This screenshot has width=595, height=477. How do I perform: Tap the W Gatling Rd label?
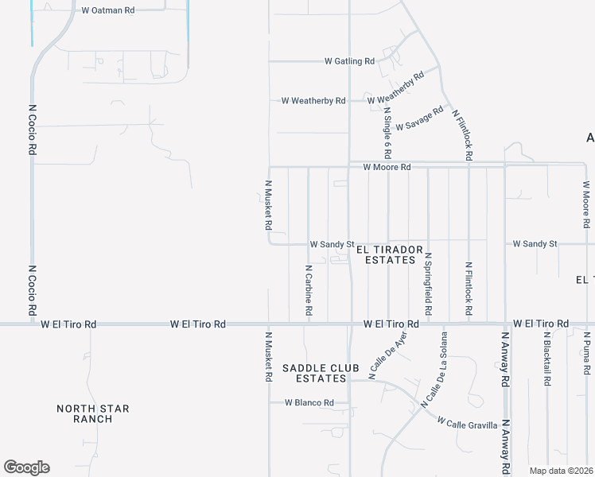tap(349, 61)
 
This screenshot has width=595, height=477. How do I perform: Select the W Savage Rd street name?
tap(418, 119)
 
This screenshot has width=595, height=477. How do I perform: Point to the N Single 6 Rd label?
tap(387, 132)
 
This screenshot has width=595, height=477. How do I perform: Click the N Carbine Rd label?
tap(308, 289)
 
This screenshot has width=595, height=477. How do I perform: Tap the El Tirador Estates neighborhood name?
tap(380, 254)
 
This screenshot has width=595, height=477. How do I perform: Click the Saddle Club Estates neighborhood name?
tap(315, 373)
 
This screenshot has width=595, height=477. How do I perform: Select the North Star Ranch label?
tap(93, 413)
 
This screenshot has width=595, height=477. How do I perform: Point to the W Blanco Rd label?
tap(309, 403)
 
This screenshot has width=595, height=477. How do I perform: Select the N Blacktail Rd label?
tap(547, 359)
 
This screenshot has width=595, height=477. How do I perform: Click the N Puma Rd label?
tap(586, 352)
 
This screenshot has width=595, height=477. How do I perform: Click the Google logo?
tap(26, 467)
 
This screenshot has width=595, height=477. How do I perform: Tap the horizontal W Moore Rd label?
tap(387, 168)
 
